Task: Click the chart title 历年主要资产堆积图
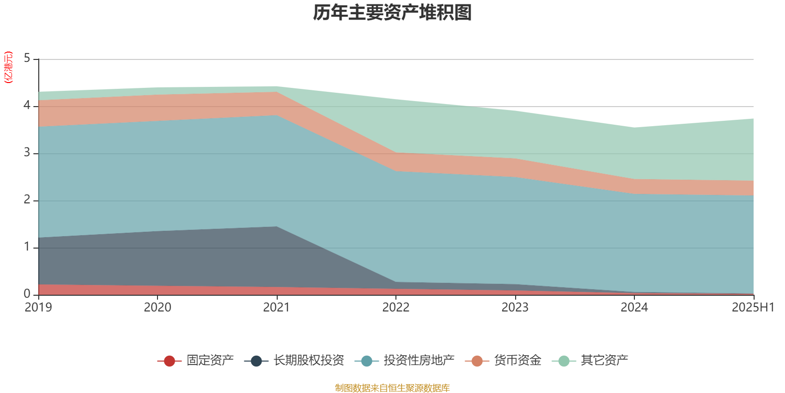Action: [392, 13]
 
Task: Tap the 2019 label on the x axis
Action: [38, 307]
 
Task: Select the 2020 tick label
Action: [157, 307]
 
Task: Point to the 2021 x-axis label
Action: [277, 307]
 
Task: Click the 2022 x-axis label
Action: [396, 307]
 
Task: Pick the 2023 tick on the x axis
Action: [515, 307]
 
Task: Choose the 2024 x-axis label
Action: [634, 307]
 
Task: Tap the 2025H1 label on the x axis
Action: [753, 307]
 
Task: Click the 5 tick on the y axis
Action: [27, 59]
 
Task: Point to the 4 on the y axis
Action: [27, 106]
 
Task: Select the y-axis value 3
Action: [27, 153]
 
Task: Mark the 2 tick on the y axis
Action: [27, 200]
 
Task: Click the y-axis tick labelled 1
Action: [27, 247]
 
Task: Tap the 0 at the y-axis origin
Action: [27, 294]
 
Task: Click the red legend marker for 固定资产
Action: [169, 361]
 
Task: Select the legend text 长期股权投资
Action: [309, 361]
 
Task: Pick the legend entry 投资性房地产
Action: [419, 361]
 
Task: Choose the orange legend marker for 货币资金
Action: [477, 361]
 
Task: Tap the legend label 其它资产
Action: [604, 361]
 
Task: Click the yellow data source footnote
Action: [392, 388]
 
